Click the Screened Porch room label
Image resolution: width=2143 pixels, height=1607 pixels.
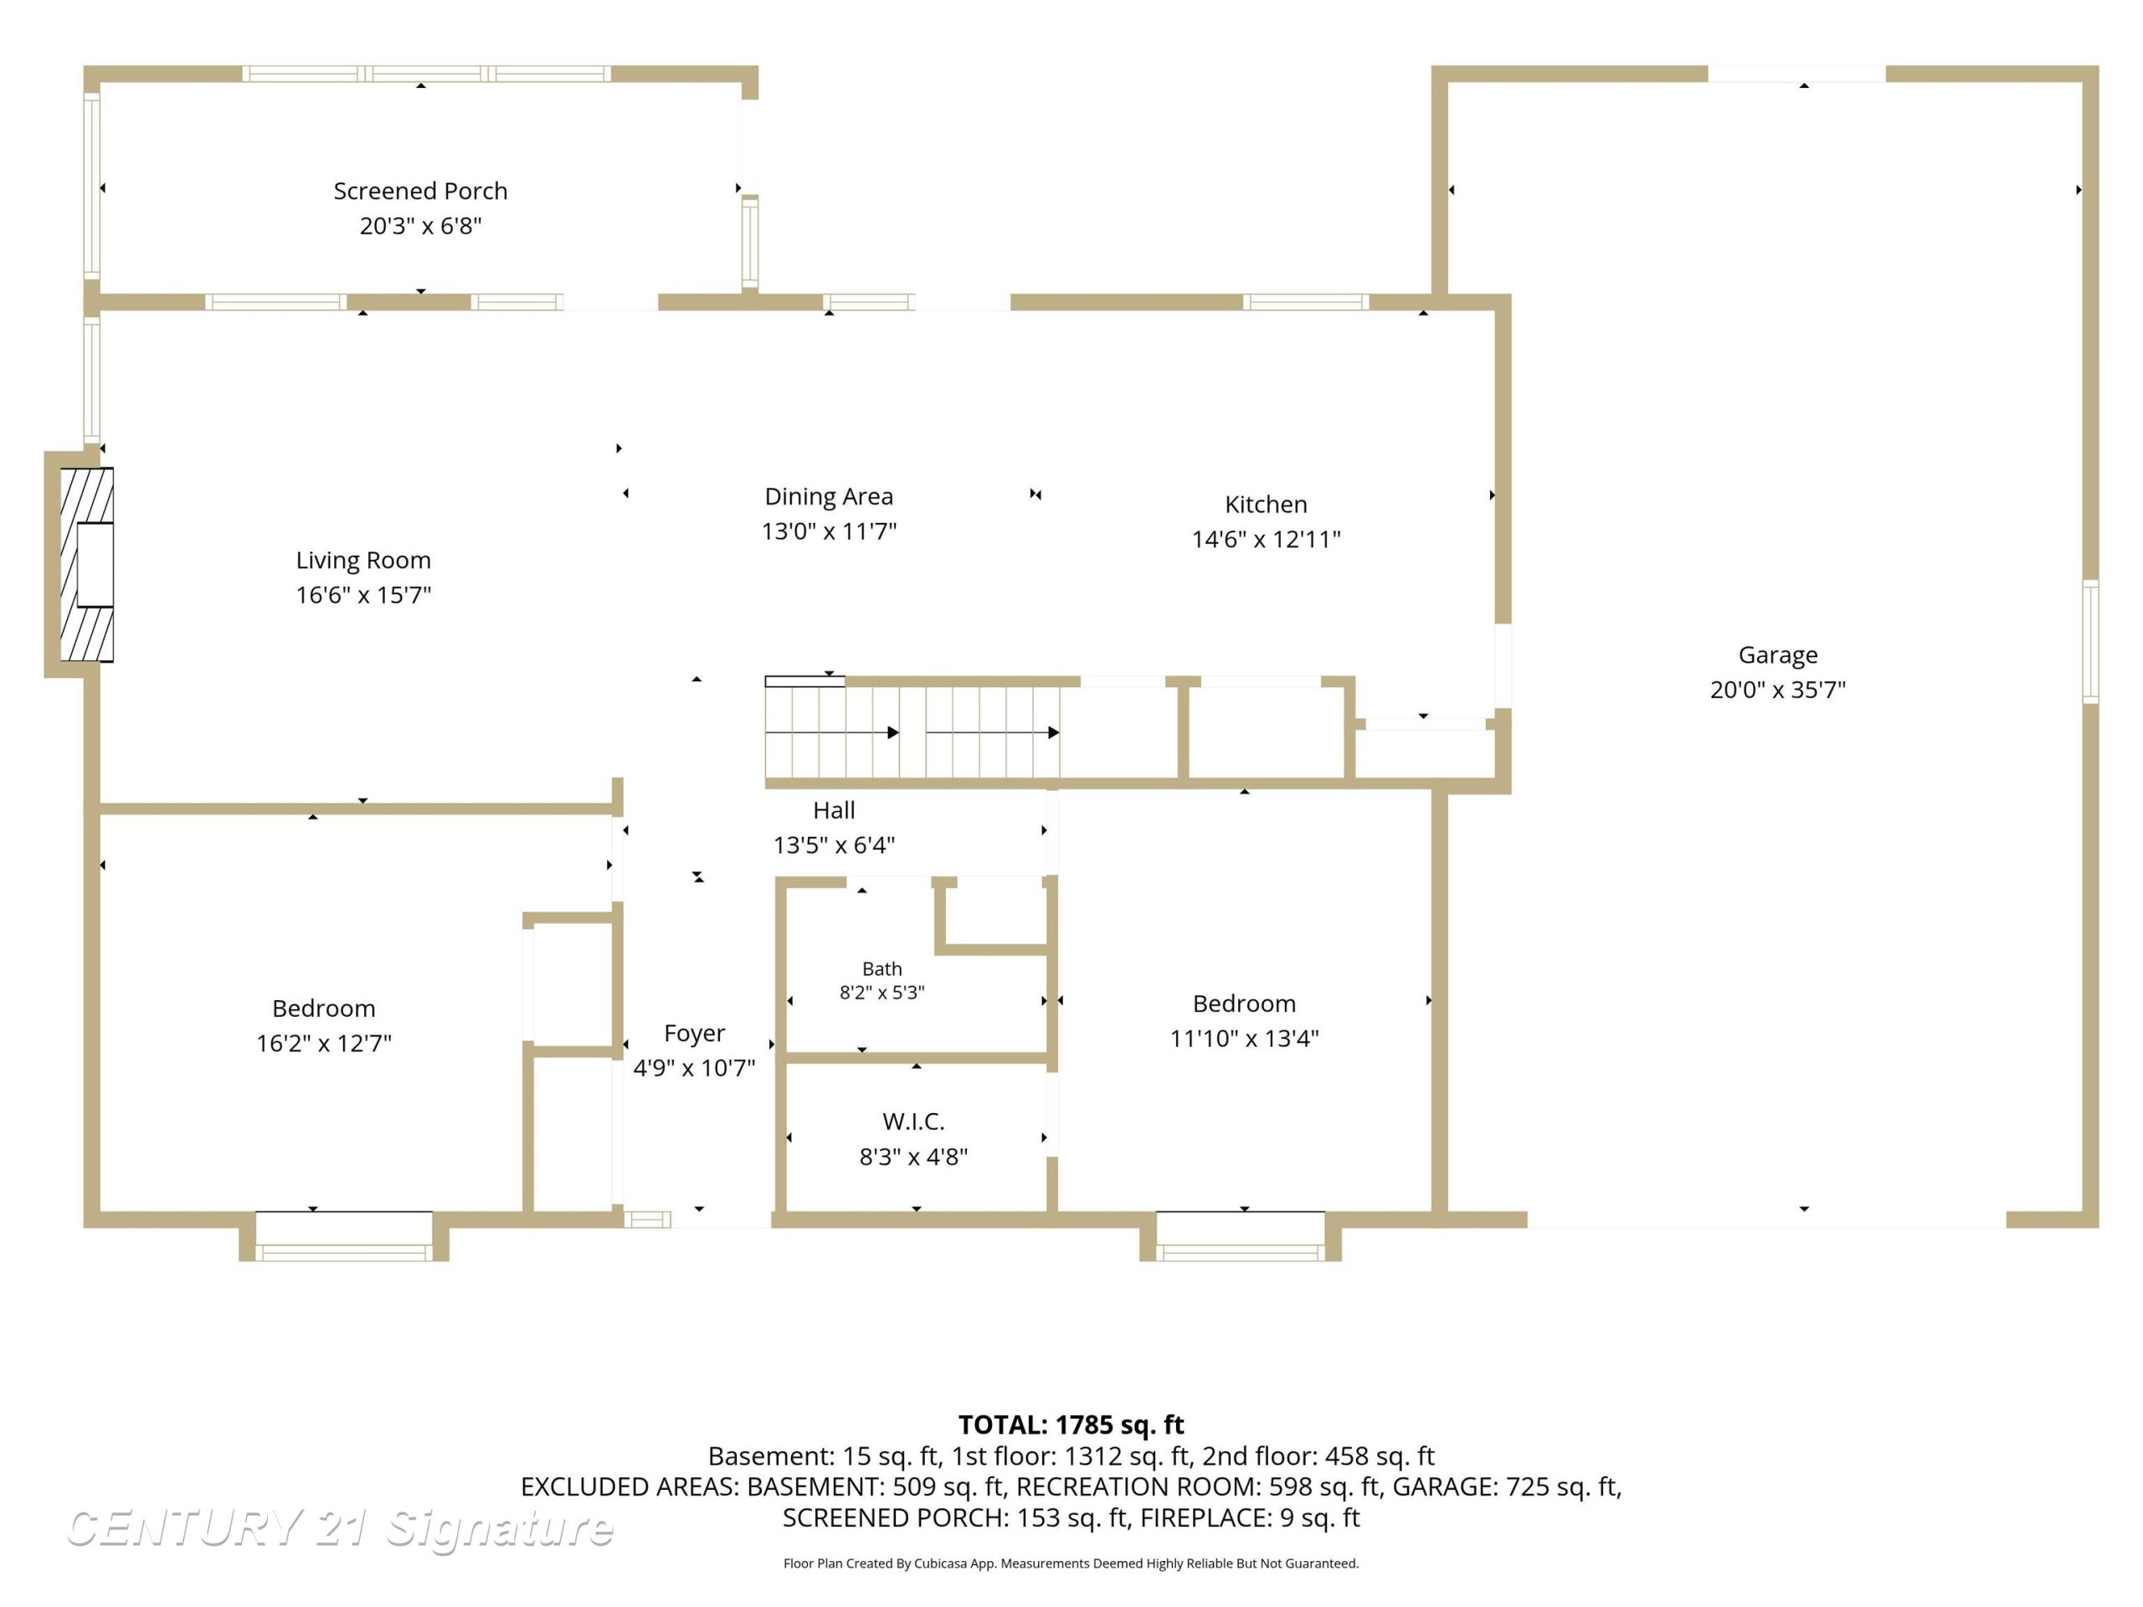[420, 191]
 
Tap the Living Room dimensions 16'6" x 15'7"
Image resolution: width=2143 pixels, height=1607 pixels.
[363, 595]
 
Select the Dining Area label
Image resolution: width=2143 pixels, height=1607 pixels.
[829, 496]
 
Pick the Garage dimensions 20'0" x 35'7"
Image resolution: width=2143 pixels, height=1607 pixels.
[1777, 690]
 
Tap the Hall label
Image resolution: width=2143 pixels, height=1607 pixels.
[833, 810]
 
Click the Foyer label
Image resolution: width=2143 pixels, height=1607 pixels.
[694, 1034]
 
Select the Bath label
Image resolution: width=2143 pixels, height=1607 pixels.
[881, 968]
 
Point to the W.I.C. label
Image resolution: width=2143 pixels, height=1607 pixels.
[912, 1122]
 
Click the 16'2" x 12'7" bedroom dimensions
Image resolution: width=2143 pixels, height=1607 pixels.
[324, 1043]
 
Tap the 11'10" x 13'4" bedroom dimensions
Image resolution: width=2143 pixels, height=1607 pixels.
[1244, 1039]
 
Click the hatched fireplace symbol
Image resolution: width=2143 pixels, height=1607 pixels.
[86, 565]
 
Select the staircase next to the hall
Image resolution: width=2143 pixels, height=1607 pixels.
[912, 732]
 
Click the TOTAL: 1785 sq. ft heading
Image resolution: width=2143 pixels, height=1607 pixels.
[1071, 1425]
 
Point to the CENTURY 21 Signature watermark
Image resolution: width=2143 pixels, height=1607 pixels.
[339, 1528]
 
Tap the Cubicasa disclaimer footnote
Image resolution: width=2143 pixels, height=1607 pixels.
[1071, 1563]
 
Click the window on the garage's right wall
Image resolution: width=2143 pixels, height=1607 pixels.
[2089, 641]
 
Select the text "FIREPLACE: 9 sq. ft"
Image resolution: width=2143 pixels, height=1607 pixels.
[1250, 1518]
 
